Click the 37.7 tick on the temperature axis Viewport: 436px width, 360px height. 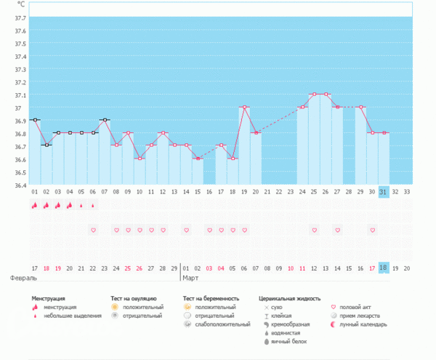tap(19, 18)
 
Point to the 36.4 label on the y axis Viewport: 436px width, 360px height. tap(19, 185)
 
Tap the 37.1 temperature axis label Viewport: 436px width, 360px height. tap(19, 95)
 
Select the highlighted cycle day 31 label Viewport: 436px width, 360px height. tap(384, 191)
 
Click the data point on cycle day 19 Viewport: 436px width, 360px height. tap(244, 107)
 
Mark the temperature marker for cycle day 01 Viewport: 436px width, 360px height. tap(35, 119)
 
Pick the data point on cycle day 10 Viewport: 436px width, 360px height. tap(140, 159)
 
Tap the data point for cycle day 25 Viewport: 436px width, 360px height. tap(314, 94)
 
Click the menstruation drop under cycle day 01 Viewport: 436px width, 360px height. tap(35, 206)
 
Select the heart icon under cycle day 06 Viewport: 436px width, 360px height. tap(93, 230)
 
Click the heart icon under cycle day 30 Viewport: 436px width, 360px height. tap(372, 230)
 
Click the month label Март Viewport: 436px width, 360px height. tap(191, 278)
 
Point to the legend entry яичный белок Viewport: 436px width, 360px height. tap(286, 340)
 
